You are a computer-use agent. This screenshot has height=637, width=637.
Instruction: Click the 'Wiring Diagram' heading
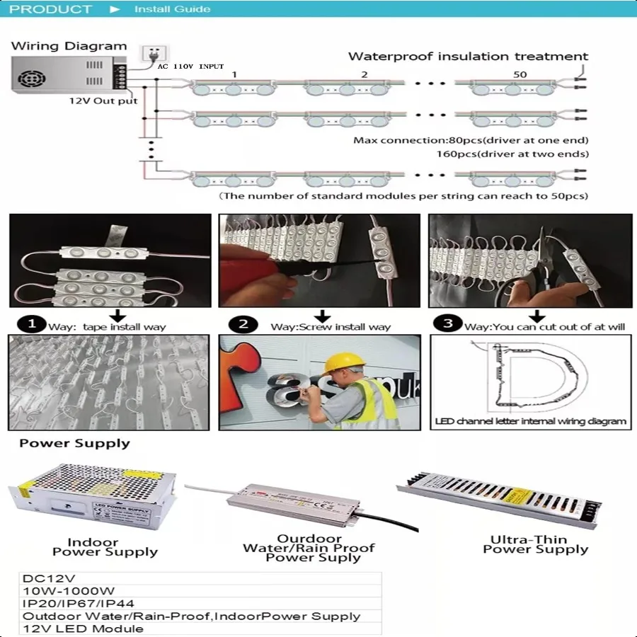tap(69, 47)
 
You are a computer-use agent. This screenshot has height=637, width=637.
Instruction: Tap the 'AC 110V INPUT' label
tap(190, 66)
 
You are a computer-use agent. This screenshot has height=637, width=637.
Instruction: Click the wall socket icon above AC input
tap(151, 54)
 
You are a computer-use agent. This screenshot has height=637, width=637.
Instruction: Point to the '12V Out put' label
tap(103, 101)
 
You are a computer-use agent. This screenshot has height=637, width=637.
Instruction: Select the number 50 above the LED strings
tap(520, 74)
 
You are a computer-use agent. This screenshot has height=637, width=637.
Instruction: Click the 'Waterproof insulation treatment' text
tap(468, 57)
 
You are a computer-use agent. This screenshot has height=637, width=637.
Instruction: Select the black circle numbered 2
tap(243, 325)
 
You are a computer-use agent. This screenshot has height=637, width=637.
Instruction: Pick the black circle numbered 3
tap(447, 325)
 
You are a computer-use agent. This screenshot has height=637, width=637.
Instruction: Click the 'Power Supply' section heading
tap(74, 444)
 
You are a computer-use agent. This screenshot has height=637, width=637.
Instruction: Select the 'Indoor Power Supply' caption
tap(104, 547)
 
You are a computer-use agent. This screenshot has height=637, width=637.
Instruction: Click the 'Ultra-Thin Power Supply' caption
tap(535, 544)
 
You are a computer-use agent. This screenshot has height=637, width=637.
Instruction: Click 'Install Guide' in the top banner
tap(172, 9)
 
